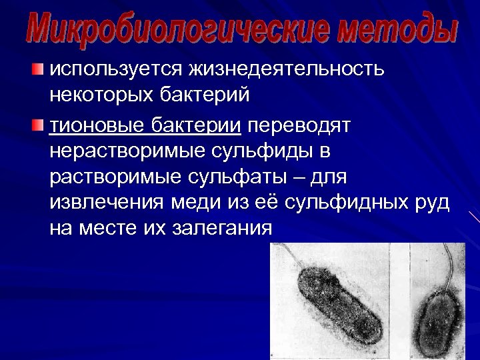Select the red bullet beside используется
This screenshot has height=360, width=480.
[x=39, y=67]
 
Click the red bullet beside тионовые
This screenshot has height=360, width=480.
[x=39, y=124]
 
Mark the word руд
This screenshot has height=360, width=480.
[x=432, y=205]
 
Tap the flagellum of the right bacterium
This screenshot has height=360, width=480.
[x=453, y=267]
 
